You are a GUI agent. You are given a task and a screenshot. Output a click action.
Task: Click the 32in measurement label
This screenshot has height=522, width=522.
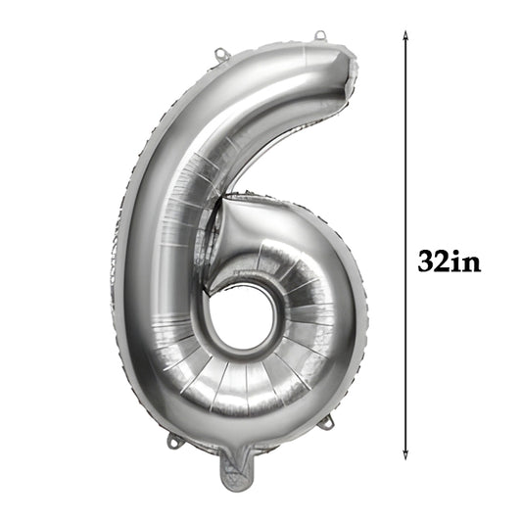pyautogui.click(x=450, y=262)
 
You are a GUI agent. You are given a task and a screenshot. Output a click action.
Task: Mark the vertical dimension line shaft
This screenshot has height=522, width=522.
pyautogui.click(x=405, y=147)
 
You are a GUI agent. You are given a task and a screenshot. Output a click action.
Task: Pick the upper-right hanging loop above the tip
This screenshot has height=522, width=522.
pyautogui.click(x=320, y=37)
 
